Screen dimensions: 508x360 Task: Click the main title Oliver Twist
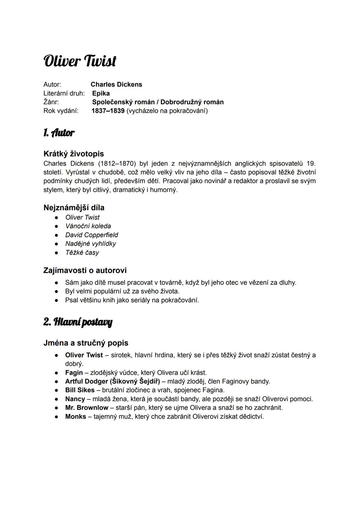(80, 61)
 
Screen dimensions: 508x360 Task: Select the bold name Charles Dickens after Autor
(116, 85)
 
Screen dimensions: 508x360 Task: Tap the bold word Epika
(101, 93)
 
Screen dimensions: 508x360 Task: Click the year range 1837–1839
(108, 111)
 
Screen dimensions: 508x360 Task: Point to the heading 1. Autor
(59, 133)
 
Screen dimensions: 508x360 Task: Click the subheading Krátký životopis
(74, 154)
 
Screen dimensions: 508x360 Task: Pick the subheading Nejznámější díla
(74, 208)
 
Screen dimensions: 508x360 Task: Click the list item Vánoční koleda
(88, 226)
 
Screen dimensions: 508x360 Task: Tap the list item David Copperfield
(92, 235)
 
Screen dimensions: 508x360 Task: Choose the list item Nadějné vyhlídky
(91, 244)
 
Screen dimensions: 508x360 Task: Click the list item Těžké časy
(82, 253)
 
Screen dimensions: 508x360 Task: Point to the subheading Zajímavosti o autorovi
(85, 270)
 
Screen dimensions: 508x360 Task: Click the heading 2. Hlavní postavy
(78, 322)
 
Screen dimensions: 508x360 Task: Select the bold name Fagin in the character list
(74, 373)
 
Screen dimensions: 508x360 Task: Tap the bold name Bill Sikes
(80, 390)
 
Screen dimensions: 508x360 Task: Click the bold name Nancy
(75, 399)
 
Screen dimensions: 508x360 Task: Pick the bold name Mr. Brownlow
(87, 408)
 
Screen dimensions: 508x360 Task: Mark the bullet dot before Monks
(57, 417)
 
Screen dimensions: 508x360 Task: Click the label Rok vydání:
(61, 111)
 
